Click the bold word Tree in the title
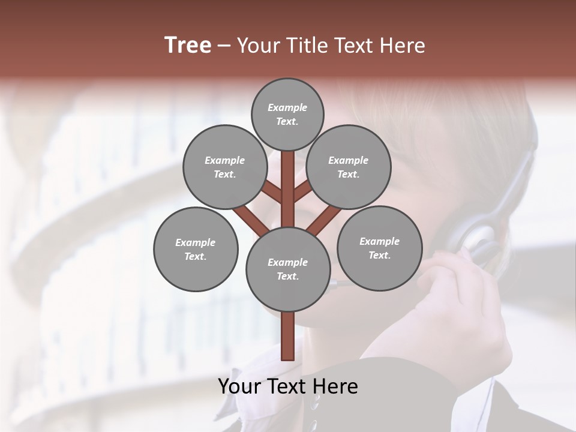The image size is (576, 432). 188,46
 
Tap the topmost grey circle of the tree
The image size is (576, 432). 287,114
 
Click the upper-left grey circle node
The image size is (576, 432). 225,167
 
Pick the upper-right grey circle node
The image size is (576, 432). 349,167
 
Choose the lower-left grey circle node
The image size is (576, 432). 196,249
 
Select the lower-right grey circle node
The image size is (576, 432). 379,248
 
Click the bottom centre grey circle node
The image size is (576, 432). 288,269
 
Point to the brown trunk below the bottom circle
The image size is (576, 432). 288,336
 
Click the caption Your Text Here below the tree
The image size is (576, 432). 288,386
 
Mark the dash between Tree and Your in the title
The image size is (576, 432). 224,46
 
